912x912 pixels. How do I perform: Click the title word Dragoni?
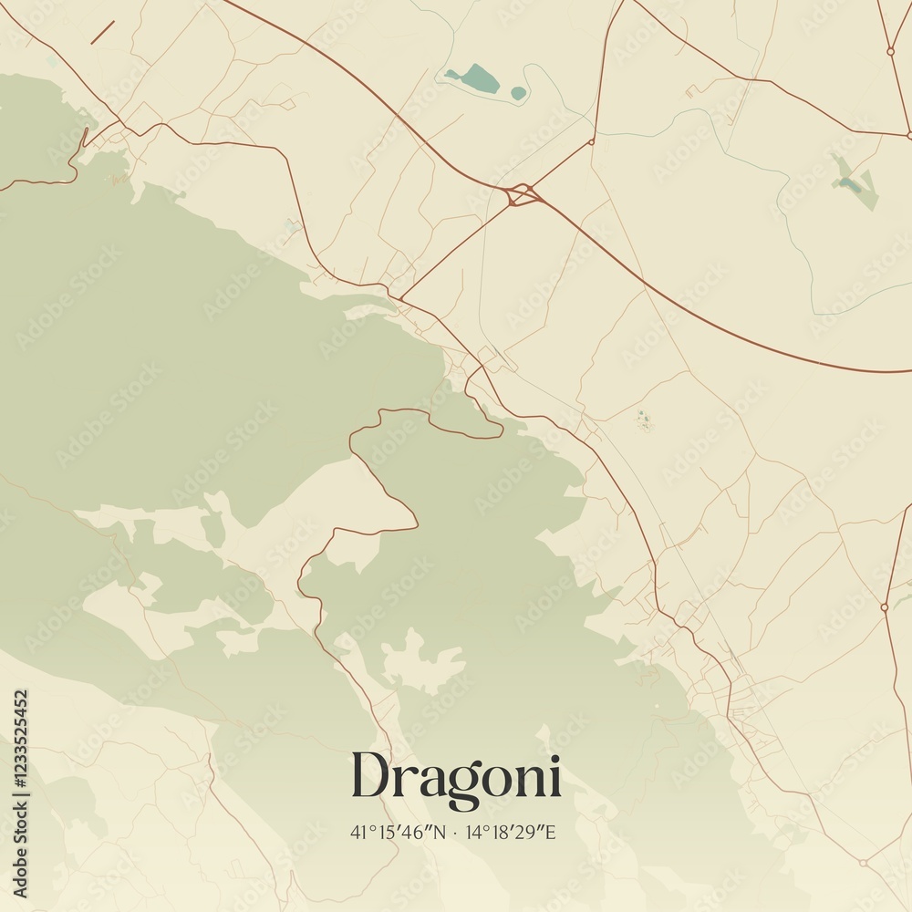456,778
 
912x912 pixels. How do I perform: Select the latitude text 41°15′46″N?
396,832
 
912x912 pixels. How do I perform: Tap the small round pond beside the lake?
518,93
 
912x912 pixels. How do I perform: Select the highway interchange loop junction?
523,194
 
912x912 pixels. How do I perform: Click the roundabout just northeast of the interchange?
592,141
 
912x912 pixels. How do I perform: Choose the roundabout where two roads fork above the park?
890,51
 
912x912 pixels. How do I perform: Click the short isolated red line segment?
102,33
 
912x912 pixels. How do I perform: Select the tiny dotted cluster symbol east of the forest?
644,420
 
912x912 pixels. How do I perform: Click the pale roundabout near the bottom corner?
863,862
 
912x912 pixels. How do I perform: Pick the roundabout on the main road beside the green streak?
885,606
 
